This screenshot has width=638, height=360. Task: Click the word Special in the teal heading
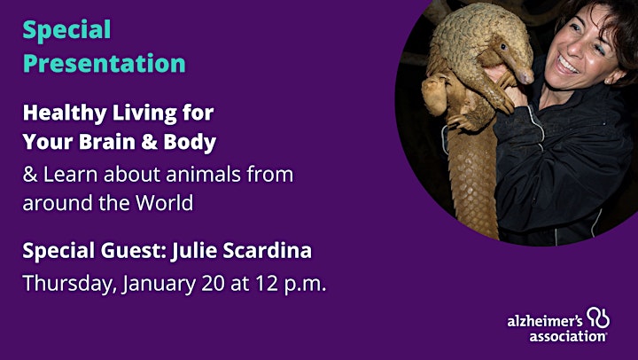point(66,30)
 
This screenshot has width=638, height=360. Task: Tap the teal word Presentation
point(105,63)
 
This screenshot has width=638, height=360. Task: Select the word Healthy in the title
point(65,113)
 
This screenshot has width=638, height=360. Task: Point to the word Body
point(190,142)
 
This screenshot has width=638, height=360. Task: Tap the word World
point(165,202)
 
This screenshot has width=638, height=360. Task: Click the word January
point(159,284)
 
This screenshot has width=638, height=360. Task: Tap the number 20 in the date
point(213,284)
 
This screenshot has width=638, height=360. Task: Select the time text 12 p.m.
point(291,284)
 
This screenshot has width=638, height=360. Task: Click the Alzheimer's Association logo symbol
point(598,317)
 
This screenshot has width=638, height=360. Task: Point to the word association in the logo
point(568,336)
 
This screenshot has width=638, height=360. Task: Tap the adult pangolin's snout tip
point(529,77)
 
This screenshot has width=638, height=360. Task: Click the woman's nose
point(573,45)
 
